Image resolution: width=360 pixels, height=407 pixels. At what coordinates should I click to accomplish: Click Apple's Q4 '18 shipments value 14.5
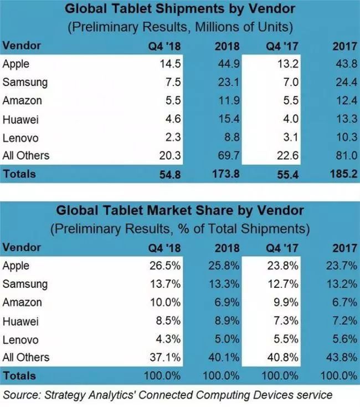[x=169, y=64]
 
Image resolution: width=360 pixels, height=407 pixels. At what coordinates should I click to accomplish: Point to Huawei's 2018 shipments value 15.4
[x=227, y=119]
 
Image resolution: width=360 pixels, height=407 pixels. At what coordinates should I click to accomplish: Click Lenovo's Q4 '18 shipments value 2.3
[x=172, y=137]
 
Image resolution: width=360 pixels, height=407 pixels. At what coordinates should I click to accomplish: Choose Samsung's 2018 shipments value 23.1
[x=227, y=83]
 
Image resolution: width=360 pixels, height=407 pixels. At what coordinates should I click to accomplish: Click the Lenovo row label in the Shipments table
[x=19, y=137]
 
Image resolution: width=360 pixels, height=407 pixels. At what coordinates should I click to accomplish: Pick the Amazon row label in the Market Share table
[x=22, y=303]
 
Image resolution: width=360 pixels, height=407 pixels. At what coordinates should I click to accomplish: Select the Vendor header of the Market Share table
[x=21, y=248]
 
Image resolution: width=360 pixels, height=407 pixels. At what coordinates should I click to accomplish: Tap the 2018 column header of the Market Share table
[x=227, y=248]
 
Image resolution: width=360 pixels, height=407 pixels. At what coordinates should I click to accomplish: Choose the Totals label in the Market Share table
[x=19, y=375]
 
